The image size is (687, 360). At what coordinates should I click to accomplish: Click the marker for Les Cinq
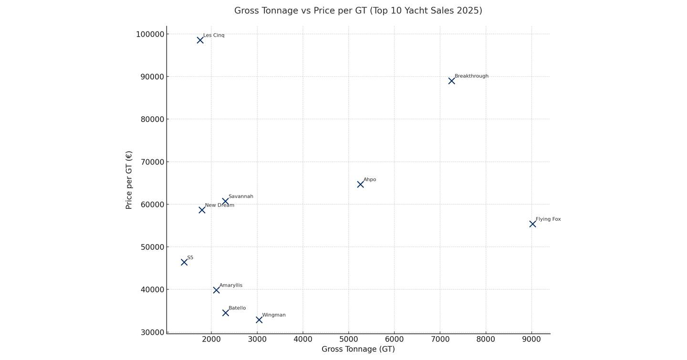pos(200,40)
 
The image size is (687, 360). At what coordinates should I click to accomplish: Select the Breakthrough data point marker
pos(451,81)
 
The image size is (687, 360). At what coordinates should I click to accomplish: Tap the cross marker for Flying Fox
pos(532,224)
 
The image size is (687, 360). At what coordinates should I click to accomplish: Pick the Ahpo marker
pos(360,185)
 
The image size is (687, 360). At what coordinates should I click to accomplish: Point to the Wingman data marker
pos(259,320)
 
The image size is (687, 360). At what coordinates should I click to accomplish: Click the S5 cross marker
pos(184,262)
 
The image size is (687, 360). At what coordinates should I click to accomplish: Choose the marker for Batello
pos(226,313)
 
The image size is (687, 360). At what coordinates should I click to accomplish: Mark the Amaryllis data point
pos(216,290)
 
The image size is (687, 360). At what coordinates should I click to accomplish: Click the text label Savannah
pos(241,196)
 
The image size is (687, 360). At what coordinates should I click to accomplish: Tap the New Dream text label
pos(219,205)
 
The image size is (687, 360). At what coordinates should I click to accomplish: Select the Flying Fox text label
pos(548,219)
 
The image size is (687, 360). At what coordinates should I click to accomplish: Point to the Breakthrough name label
pos(471,76)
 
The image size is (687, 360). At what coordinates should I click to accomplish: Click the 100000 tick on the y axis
pos(150,34)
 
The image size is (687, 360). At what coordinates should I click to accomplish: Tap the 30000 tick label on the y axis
pos(152,332)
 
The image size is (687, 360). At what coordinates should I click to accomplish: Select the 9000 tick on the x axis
pos(531,339)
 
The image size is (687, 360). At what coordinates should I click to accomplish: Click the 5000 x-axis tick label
pos(348,339)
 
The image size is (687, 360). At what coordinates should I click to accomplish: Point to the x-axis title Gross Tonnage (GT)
pos(358,349)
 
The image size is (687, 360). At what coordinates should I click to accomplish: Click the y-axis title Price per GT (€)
pos(129,180)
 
